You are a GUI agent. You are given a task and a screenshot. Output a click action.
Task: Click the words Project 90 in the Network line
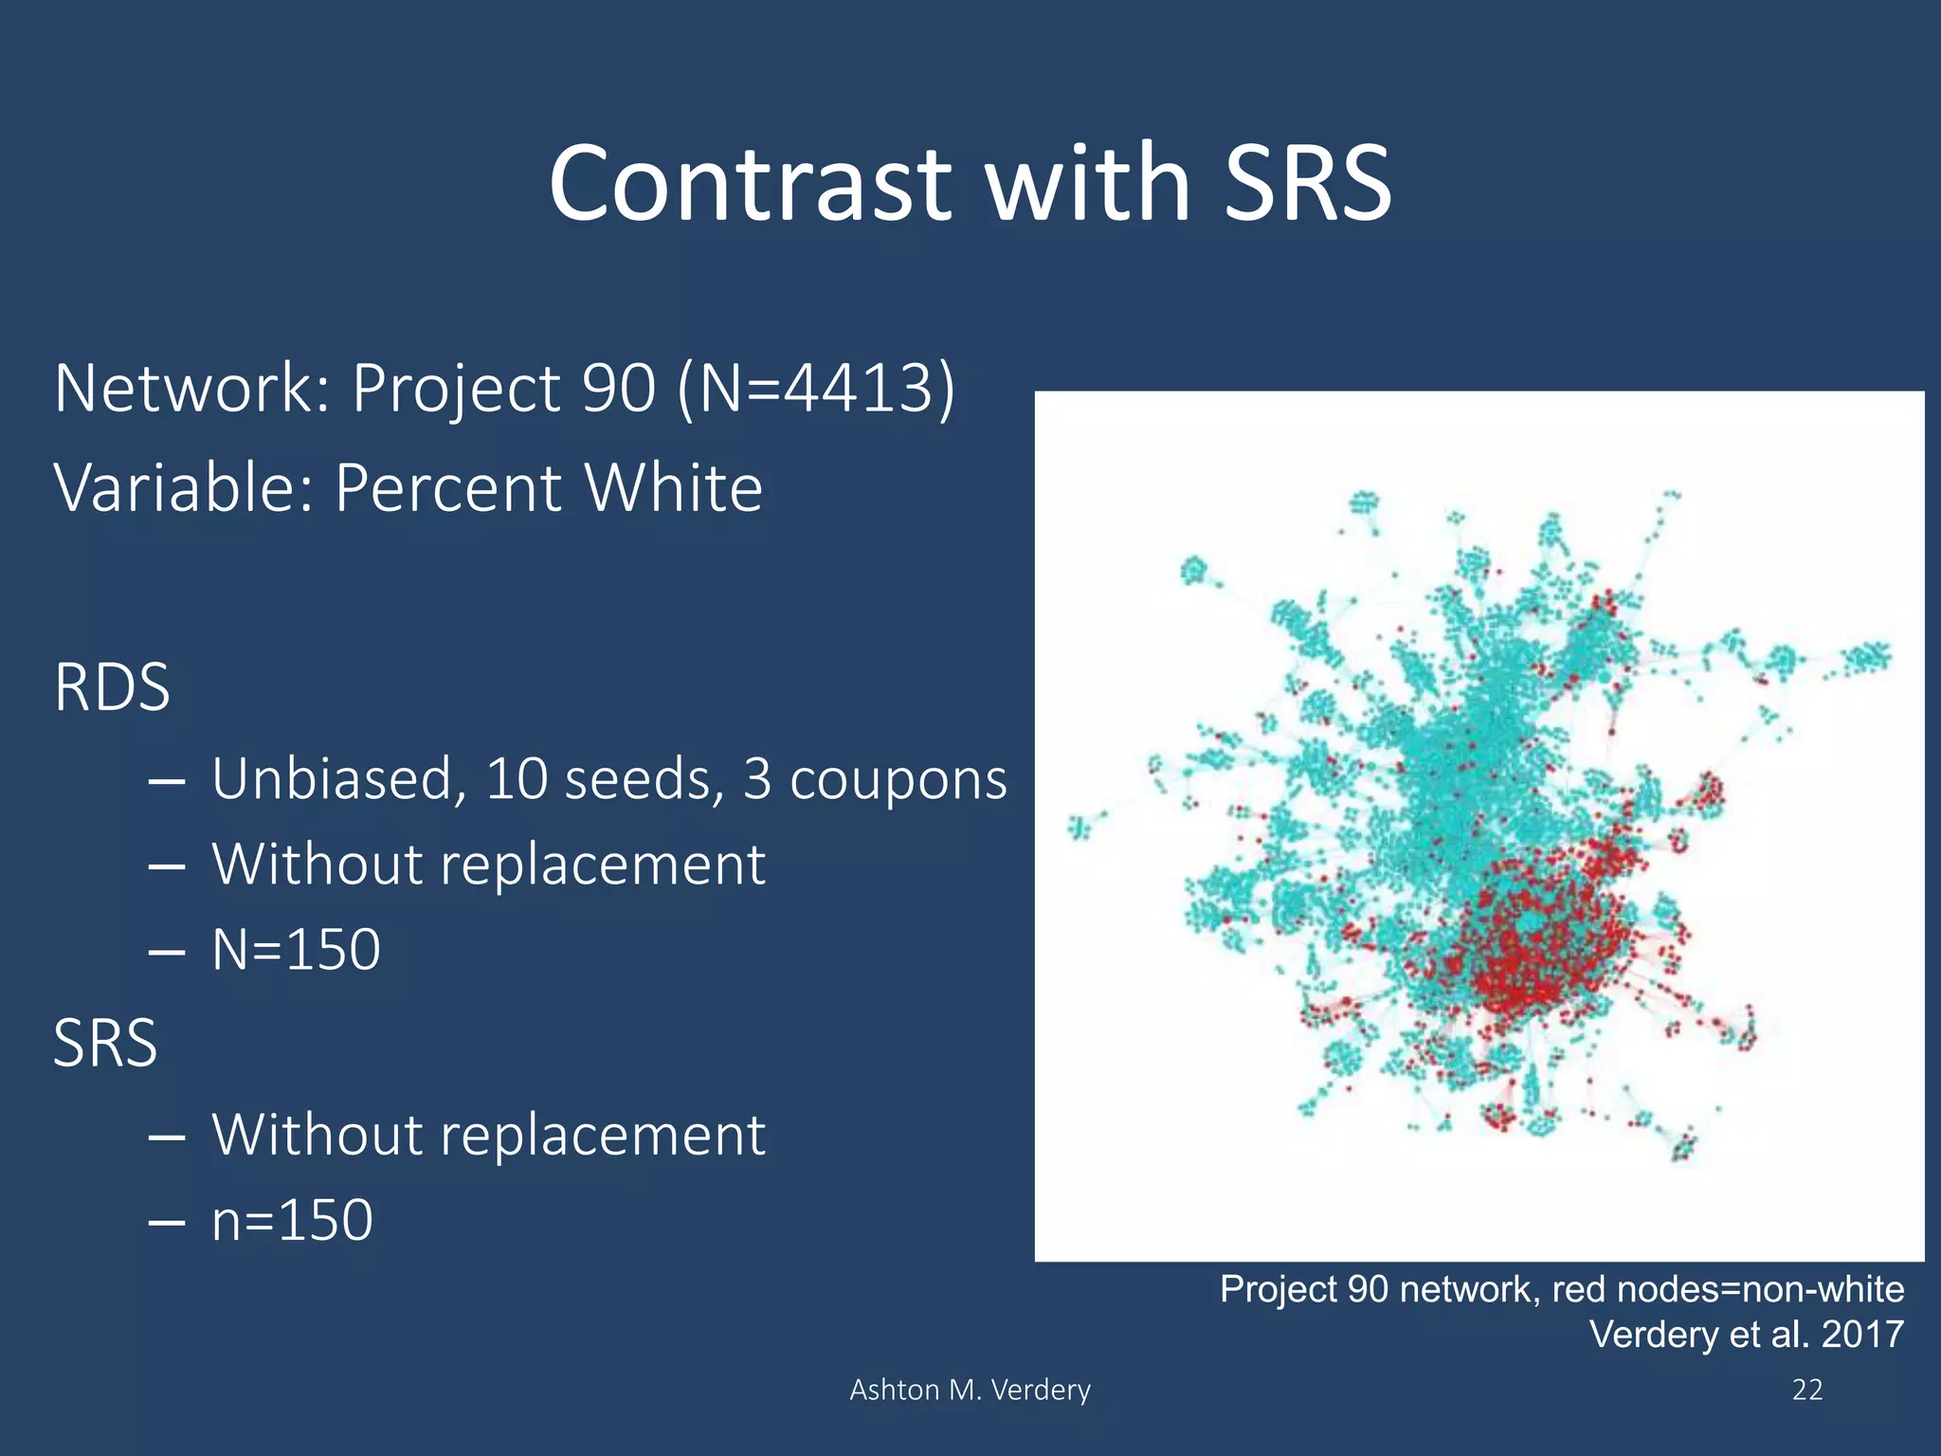[503, 389]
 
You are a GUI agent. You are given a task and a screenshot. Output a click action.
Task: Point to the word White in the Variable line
[673, 488]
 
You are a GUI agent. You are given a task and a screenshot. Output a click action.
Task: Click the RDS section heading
[112, 687]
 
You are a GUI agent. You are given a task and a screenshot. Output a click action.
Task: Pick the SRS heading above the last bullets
[105, 1043]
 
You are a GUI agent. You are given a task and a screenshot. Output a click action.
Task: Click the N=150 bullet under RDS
[296, 949]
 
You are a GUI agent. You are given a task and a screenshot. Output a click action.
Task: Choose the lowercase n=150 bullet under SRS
[292, 1220]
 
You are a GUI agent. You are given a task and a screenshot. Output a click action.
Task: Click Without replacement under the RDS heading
[488, 864]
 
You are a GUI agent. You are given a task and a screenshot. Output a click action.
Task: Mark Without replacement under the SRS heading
[488, 1135]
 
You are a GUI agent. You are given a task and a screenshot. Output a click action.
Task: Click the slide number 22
[1807, 1390]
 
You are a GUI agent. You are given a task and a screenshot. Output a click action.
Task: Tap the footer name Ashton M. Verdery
[970, 1390]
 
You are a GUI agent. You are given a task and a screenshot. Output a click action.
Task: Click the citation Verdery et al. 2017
[1746, 1335]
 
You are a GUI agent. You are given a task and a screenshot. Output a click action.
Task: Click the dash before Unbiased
[167, 781]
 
